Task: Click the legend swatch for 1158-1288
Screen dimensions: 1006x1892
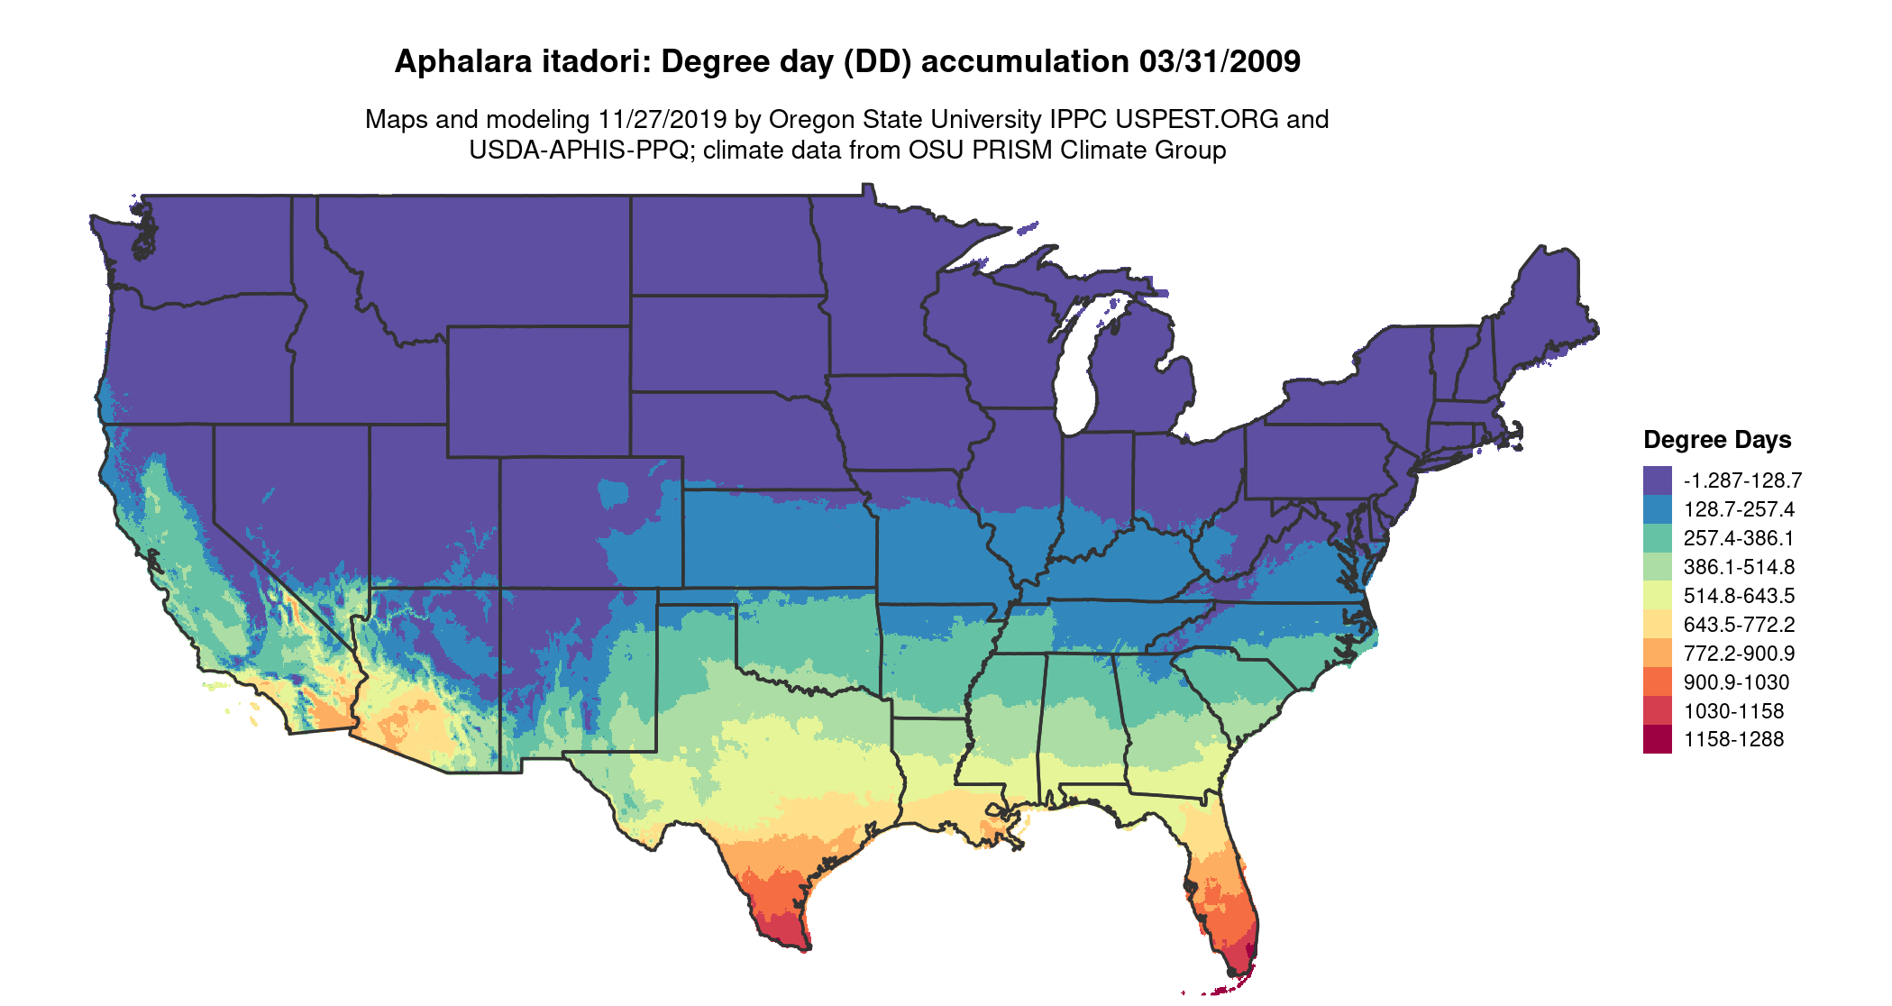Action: [1657, 739]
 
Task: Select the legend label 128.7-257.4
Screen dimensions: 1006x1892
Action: [1739, 509]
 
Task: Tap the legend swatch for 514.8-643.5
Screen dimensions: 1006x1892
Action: [1657, 595]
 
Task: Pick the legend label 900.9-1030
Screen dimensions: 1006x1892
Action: [1736, 682]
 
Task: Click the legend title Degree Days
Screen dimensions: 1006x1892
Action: [1716, 440]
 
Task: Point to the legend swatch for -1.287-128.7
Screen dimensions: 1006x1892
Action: [1657, 480]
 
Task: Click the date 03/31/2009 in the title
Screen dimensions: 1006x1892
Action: [1220, 61]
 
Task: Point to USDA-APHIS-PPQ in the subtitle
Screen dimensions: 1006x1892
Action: [579, 150]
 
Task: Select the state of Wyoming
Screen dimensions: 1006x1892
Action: [538, 391]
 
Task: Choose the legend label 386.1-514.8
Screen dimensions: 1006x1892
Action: [1739, 567]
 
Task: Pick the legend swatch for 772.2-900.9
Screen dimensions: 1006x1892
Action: [1657, 653]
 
